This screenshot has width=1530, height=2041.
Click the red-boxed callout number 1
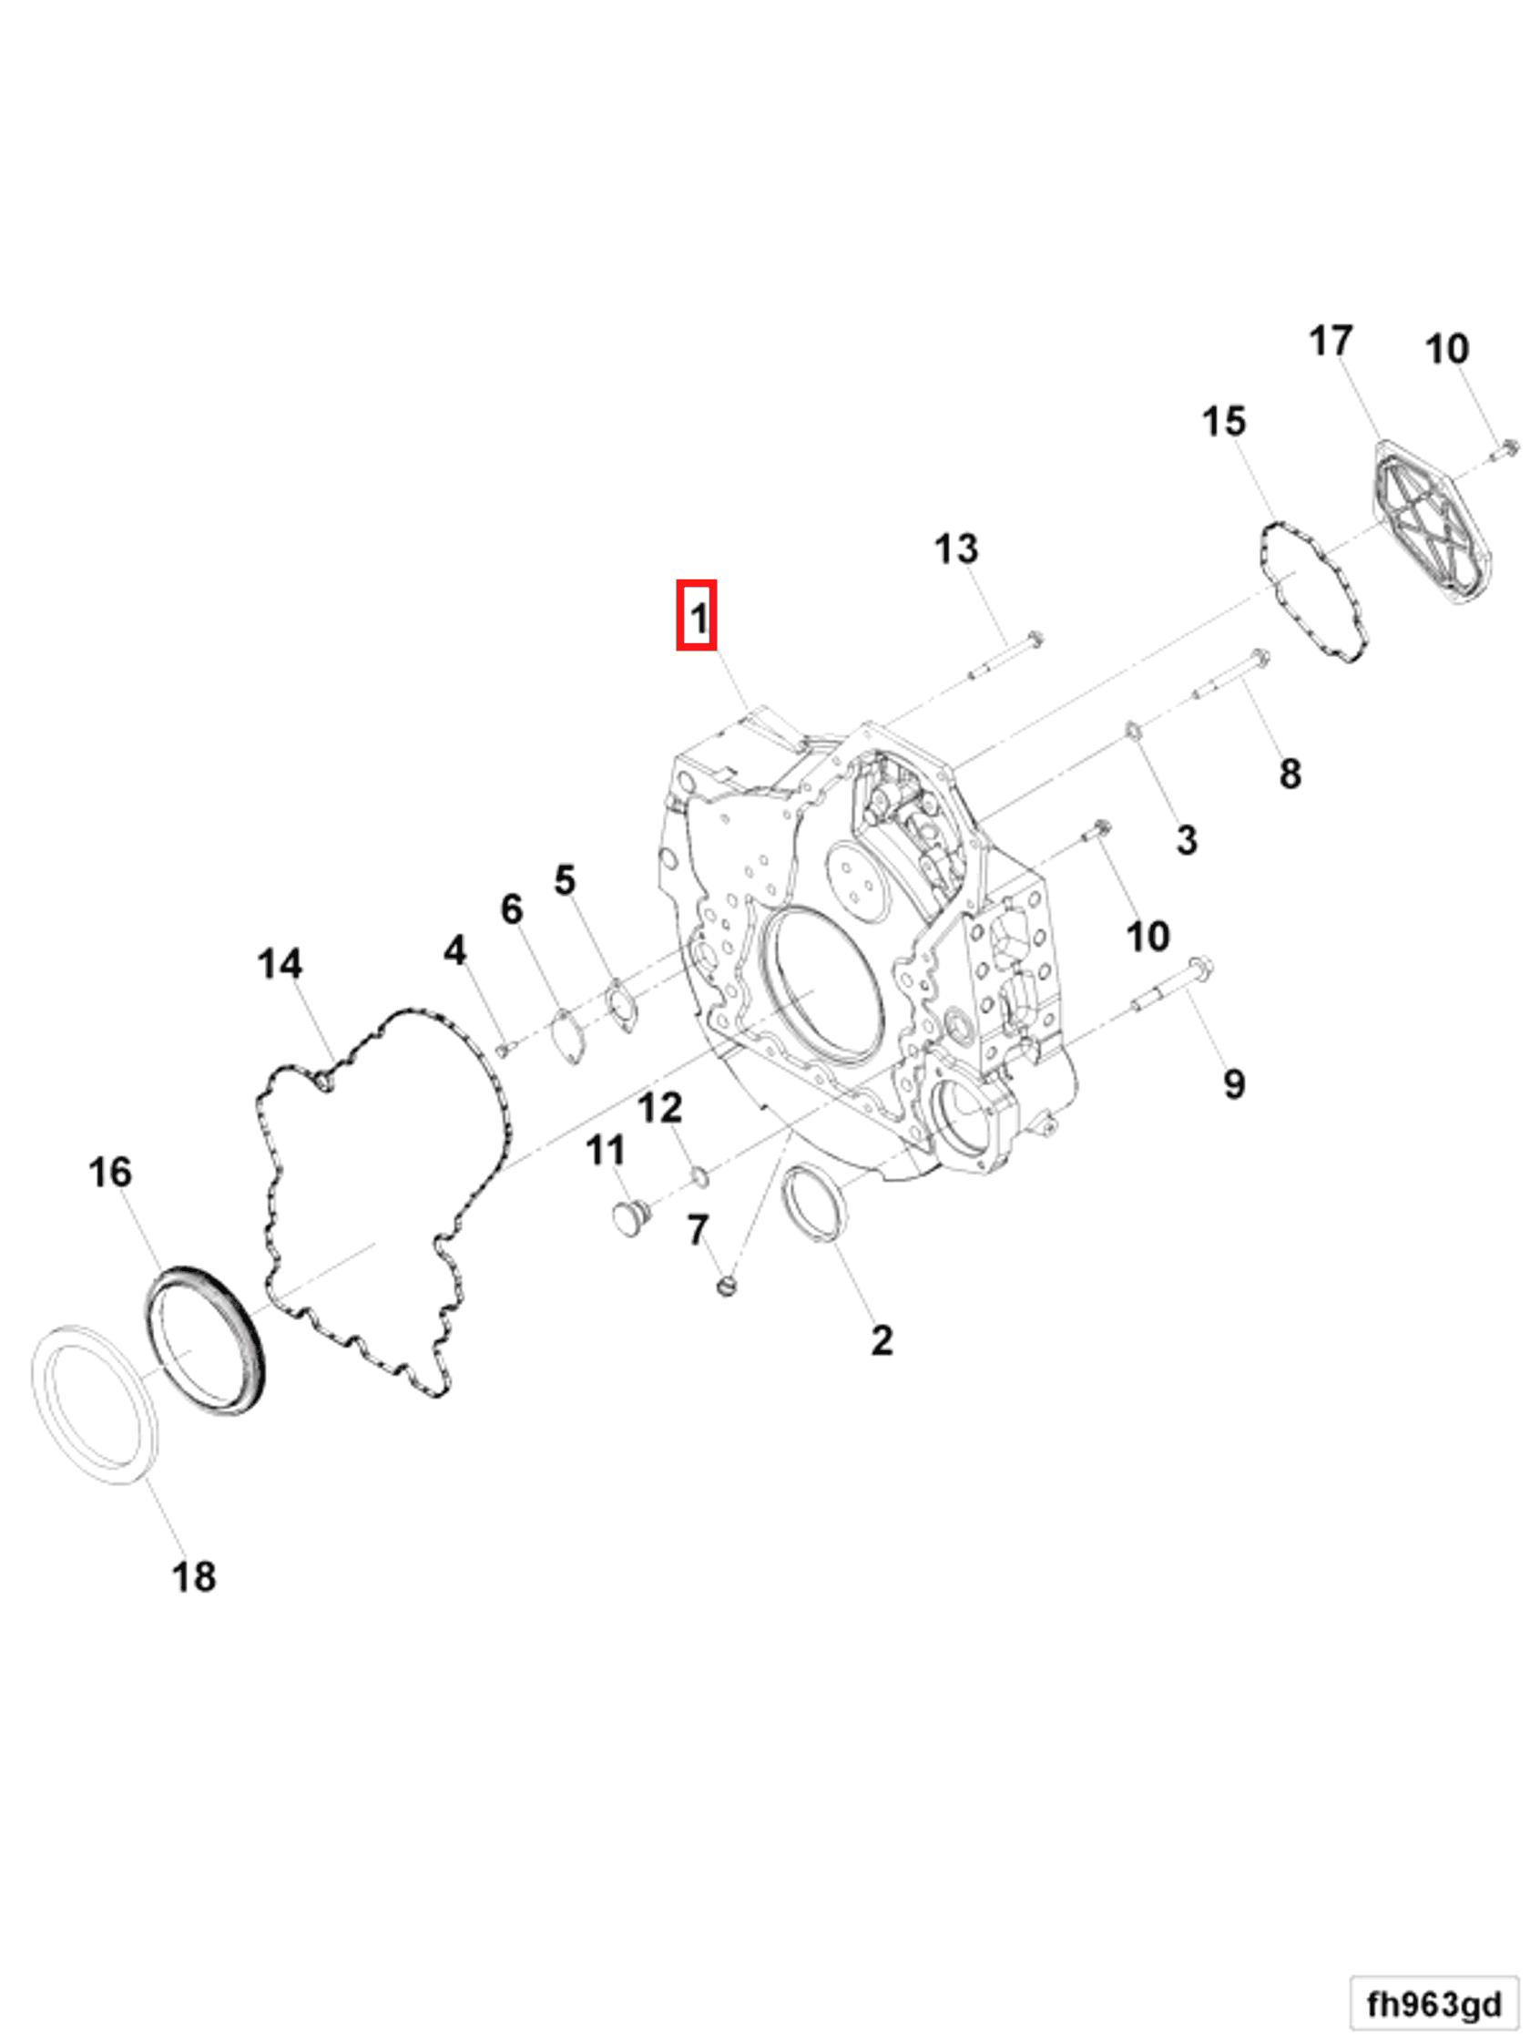(697, 615)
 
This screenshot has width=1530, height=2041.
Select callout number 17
(1330, 342)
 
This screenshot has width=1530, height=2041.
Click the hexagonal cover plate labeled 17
(1432, 523)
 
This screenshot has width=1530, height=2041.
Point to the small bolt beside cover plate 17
(1508, 449)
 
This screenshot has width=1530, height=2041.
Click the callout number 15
(1223, 422)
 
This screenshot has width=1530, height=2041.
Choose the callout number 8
(1290, 774)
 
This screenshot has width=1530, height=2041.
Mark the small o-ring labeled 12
(701, 1175)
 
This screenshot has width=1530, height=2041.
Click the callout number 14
(280, 963)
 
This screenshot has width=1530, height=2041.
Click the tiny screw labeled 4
(504, 1048)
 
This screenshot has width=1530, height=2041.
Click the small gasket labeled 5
(623, 1007)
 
